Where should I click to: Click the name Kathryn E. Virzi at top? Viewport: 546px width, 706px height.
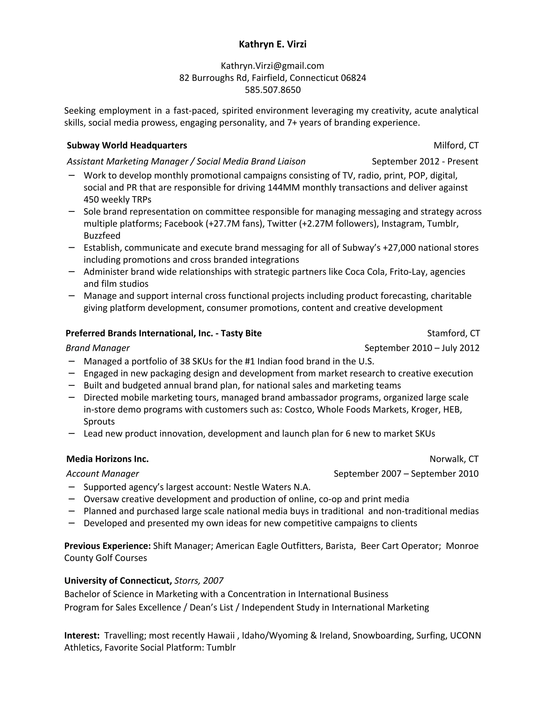[272, 44]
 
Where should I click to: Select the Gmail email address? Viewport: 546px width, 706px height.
[272, 66]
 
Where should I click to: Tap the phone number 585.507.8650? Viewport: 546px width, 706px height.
[272, 90]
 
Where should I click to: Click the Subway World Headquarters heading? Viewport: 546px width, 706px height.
[127, 145]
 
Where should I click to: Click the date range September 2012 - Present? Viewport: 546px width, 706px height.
[425, 161]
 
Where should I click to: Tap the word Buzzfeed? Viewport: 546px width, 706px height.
[102, 236]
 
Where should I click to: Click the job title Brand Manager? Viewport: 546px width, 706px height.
[98, 348]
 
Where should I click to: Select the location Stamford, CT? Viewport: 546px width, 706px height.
[453, 333]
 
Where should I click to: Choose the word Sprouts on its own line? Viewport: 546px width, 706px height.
[99, 421]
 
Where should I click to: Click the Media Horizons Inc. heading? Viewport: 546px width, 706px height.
[107, 459]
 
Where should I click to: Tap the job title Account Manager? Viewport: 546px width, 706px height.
[103, 474]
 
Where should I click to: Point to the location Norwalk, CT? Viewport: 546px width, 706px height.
[454, 459]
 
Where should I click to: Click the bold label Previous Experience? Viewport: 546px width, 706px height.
[107, 546]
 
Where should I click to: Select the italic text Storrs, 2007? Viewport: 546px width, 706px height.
[199, 581]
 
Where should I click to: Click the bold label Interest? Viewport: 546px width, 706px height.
[82, 635]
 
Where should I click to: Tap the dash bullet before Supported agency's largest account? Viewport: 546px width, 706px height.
[71, 486]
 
